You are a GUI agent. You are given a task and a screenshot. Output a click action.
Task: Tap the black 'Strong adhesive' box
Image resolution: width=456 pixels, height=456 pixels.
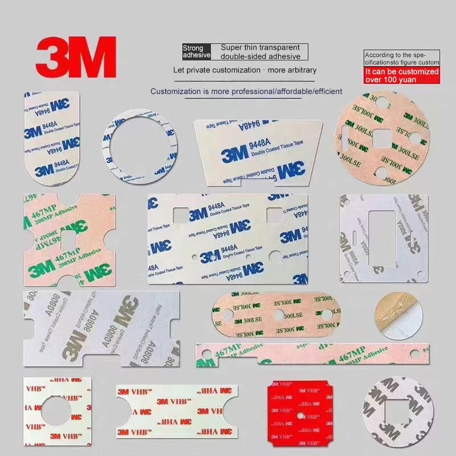197,52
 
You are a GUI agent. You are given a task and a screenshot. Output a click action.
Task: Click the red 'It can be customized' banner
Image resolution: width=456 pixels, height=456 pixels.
402,76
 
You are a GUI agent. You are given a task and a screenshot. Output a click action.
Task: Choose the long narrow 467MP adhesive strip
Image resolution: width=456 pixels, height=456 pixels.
311,355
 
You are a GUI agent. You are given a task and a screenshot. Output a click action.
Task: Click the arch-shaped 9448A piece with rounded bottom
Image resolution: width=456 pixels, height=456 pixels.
51,142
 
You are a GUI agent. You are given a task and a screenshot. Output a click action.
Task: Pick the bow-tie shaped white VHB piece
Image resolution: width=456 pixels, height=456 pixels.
177,409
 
